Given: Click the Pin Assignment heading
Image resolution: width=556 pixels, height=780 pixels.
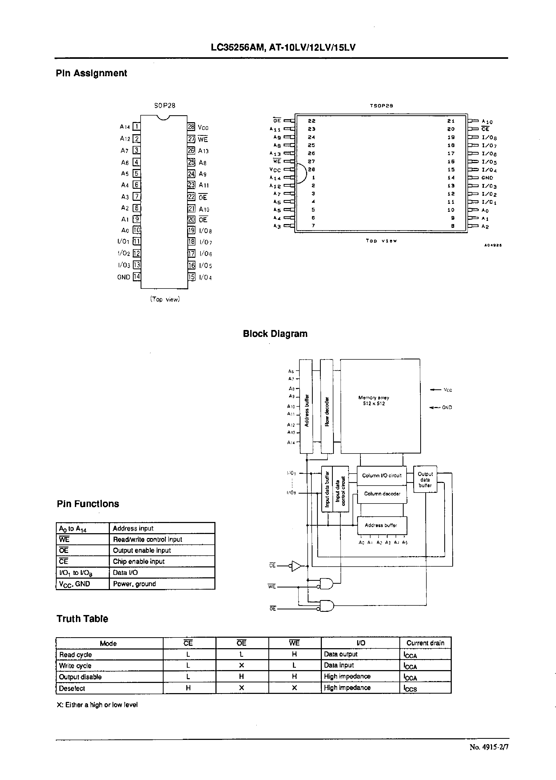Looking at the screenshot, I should (91, 73).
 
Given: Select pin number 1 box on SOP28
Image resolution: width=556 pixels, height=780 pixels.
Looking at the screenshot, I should (136, 127).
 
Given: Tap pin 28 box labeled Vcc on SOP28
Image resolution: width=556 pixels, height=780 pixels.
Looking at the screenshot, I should (191, 127).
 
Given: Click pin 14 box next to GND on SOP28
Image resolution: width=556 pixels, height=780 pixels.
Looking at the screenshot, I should (137, 277).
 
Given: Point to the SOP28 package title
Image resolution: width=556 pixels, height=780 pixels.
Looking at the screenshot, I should (165, 105).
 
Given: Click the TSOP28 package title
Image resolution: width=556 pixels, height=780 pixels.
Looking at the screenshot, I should (381, 106).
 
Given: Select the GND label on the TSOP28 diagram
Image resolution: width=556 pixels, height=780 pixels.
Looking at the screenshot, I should (487, 178).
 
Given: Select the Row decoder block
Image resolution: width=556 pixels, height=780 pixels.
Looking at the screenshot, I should (327, 406).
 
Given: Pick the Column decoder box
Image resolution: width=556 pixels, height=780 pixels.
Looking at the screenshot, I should (382, 494).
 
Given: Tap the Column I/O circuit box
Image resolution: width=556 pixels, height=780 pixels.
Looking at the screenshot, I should (381, 476).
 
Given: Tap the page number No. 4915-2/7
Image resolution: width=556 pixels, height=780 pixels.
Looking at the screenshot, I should (489, 757).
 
